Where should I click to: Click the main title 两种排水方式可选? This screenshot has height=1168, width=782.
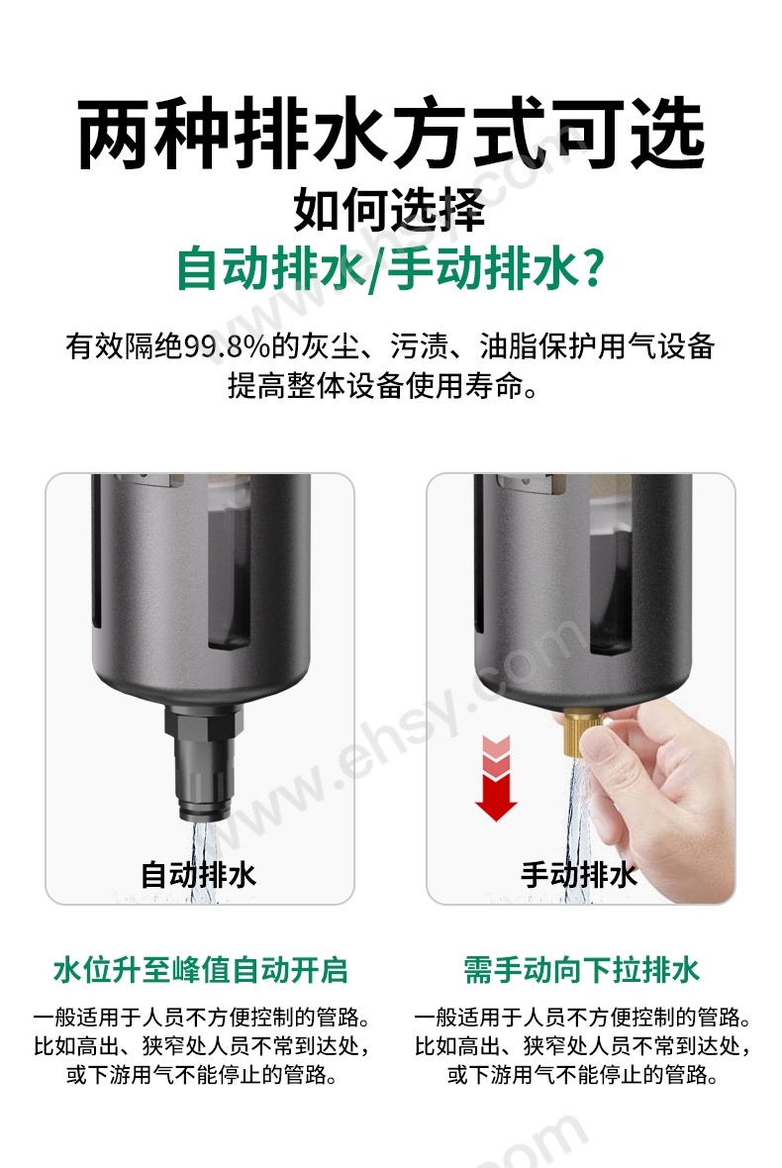(x=391, y=134)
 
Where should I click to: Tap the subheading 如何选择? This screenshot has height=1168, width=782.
(x=389, y=210)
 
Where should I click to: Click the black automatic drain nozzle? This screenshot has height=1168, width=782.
(x=204, y=764)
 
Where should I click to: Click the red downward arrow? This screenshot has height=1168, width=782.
(x=496, y=778)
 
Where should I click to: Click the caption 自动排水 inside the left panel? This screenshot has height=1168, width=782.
(x=199, y=874)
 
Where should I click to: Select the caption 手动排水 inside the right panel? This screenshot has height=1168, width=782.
(x=579, y=874)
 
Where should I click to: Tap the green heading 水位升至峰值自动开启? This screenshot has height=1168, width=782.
(x=201, y=971)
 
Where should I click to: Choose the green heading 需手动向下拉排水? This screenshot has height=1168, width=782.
(x=582, y=971)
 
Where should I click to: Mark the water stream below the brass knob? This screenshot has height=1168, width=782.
(x=576, y=820)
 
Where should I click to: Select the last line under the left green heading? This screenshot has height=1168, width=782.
(x=201, y=1075)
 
